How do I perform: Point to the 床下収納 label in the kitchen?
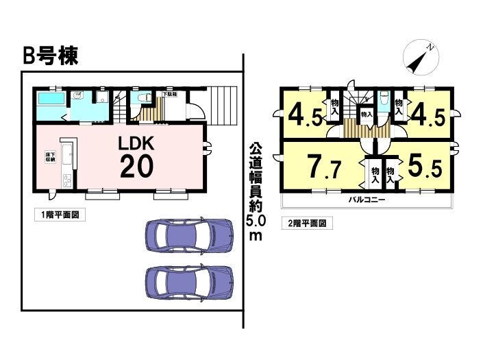50,156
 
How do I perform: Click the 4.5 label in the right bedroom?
427,115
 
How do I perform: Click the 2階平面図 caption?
306,224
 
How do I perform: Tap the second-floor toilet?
381,101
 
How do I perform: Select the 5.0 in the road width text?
255,221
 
